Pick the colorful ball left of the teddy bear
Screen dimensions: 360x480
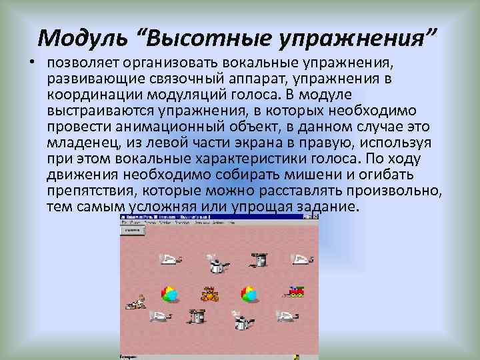tap(169, 293)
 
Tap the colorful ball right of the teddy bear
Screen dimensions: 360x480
tap(249, 293)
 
